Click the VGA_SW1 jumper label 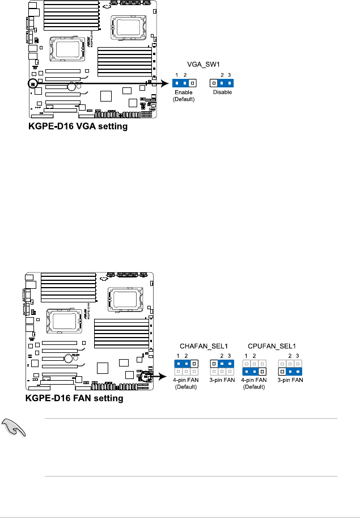tap(203, 65)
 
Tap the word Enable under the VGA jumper tap(183, 92)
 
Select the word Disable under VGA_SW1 tap(222, 92)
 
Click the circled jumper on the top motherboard tap(32, 83)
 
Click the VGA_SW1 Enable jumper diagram tap(183, 83)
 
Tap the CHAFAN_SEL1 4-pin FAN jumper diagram tap(185, 367)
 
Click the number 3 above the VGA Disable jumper tap(230, 74)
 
